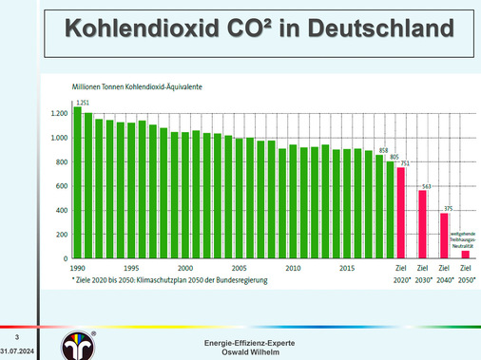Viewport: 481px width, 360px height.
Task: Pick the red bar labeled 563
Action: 422,224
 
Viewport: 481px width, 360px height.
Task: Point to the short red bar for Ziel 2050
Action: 466,254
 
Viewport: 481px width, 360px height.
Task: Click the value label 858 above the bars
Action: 384,149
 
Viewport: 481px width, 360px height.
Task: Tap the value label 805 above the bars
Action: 394,157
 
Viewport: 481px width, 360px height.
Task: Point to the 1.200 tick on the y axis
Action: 59,113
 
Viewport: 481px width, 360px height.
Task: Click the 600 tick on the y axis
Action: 61,186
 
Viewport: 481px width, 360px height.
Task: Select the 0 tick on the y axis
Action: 65,258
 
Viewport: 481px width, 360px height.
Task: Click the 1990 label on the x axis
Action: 77,269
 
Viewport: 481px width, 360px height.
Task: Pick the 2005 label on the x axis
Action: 240,269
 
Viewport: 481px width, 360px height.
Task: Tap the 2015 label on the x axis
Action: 348,269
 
